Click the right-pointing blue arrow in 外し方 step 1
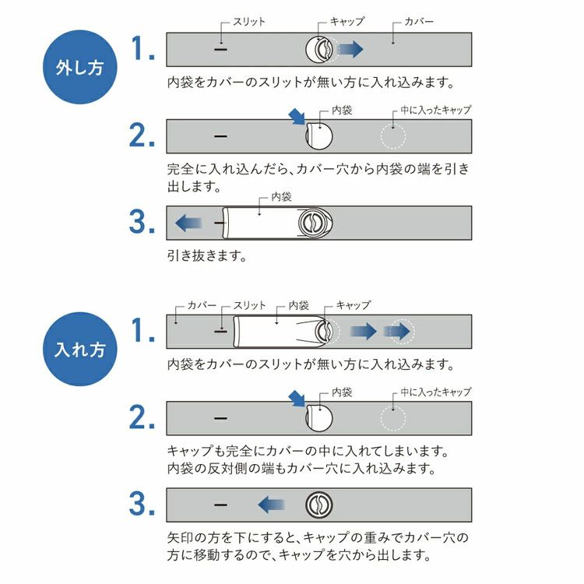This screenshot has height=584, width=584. click(x=350, y=50)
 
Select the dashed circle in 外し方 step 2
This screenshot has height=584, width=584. click(x=393, y=135)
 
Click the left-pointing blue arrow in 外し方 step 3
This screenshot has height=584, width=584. click(x=188, y=223)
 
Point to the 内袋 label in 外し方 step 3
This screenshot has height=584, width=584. click(x=280, y=198)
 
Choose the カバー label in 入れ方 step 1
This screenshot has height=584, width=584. click(x=202, y=305)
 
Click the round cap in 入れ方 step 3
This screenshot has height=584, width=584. click(x=318, y=505)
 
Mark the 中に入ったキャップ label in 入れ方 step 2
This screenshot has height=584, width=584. click(x=436, y=392)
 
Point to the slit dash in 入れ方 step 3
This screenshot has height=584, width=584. click(x=220, y=505)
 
